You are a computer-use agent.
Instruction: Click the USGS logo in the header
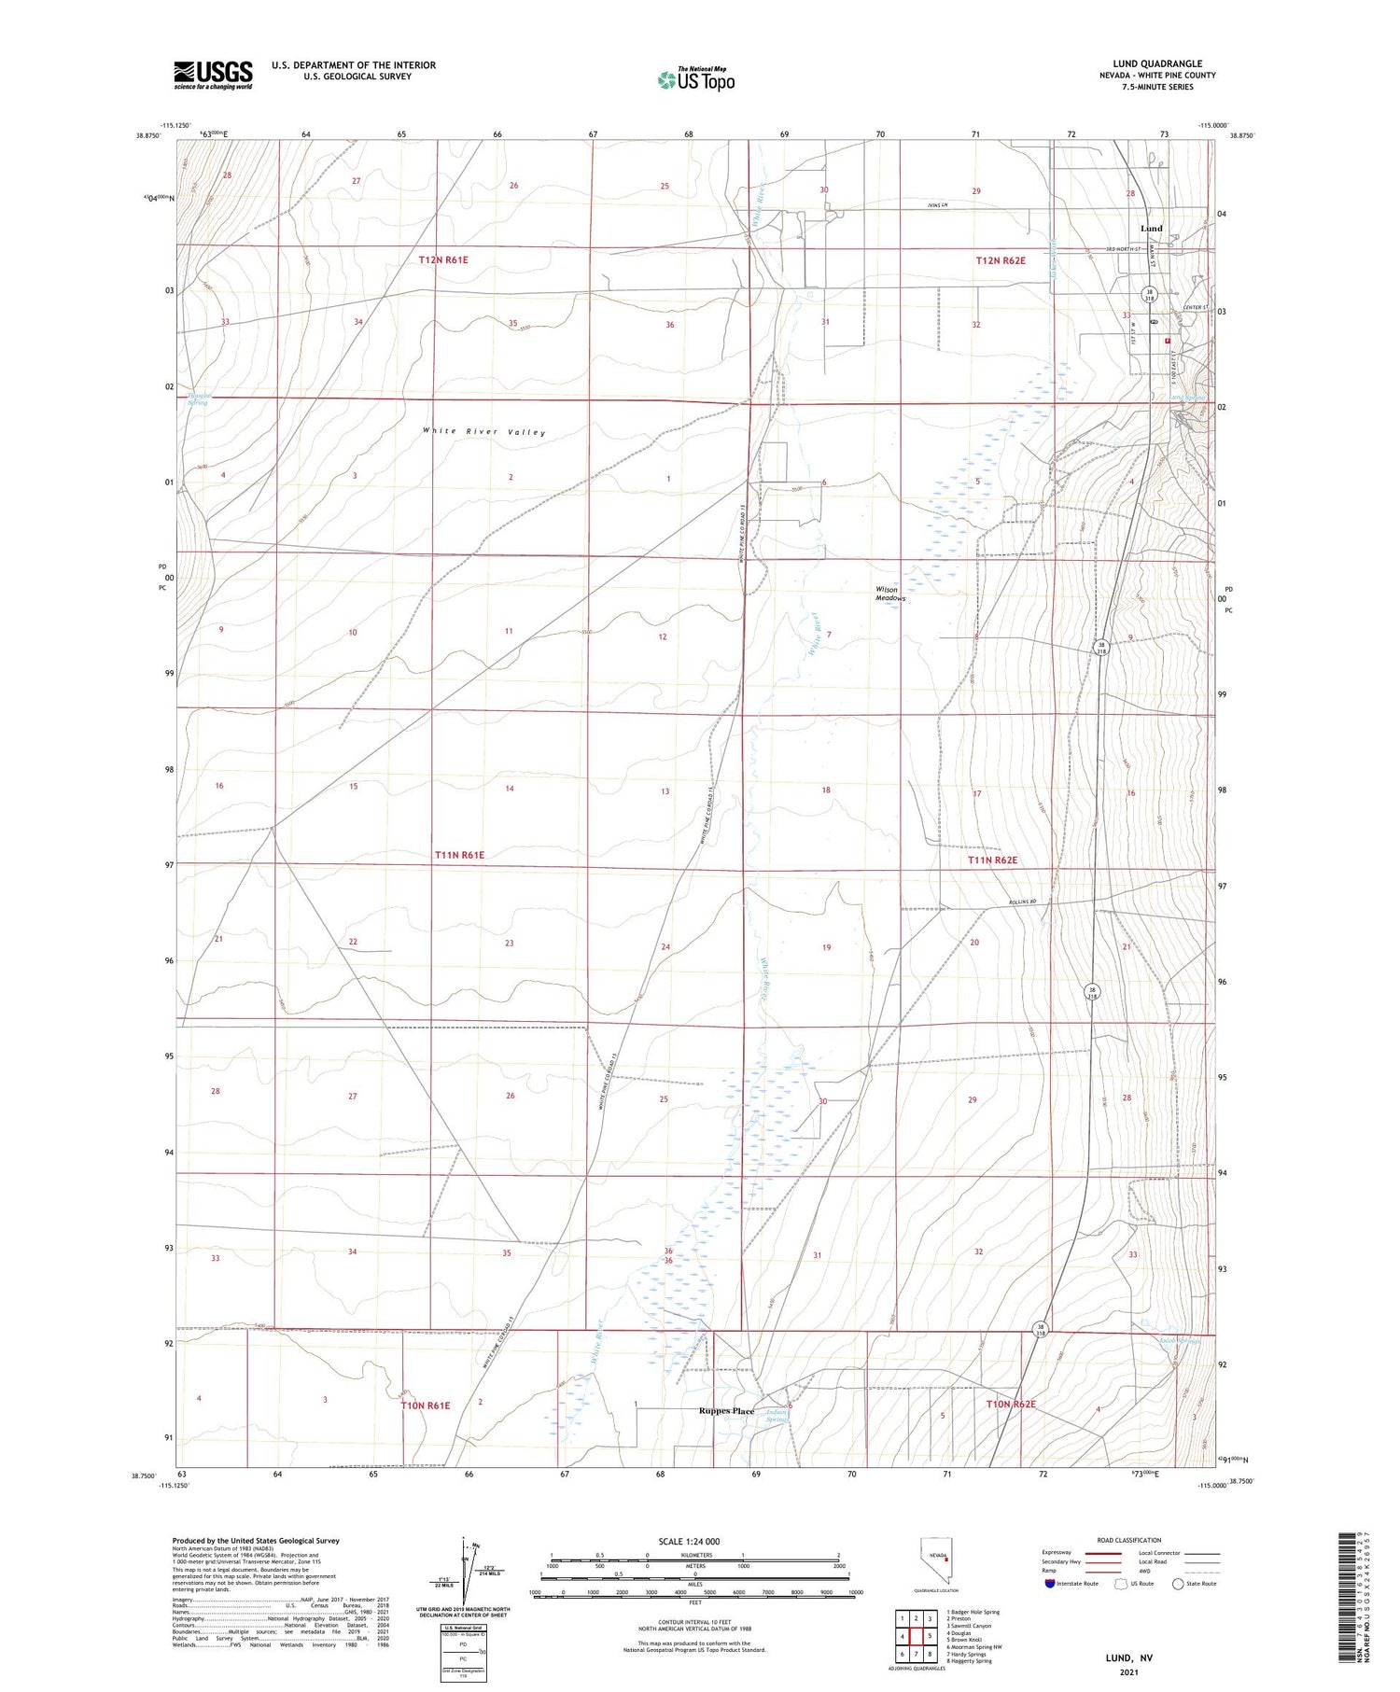coord(213,75)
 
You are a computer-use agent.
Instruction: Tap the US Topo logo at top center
coord(695,80)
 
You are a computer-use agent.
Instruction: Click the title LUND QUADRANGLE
coord(1157,64)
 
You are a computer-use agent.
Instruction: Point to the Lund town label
coord(1151,229)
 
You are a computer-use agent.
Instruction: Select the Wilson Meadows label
coord(887,594)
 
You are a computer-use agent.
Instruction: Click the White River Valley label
coord(483,432)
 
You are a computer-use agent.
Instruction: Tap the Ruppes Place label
coord(726,1411)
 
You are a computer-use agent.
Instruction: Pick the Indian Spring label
coord(777,1416)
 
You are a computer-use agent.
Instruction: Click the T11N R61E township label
coord(459,855)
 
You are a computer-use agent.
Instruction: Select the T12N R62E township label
coord(1001,261)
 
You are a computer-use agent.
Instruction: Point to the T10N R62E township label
coord(1011,1404)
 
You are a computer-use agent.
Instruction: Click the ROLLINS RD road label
coord(1023,902)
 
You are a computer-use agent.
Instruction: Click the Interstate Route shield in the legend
coord(1050,1584)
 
